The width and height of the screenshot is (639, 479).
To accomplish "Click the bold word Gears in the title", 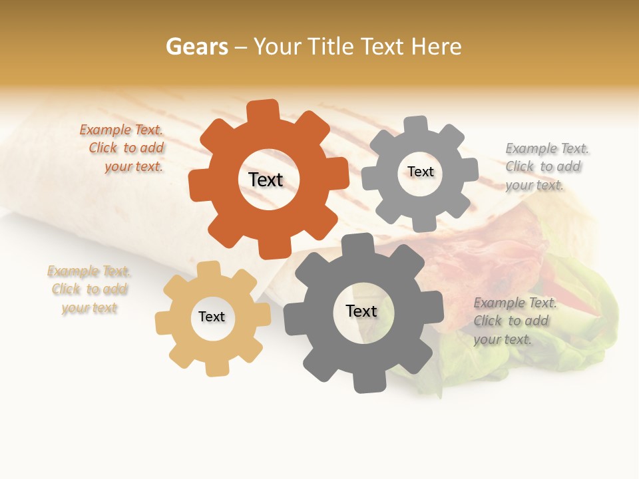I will [196, 47].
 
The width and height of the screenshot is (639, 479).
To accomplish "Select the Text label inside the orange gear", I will [266, 180].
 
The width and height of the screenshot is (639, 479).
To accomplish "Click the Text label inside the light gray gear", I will [420, 172].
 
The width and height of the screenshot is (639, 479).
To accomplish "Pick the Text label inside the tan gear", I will [212, 317].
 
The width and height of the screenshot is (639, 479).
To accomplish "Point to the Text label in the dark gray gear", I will [361, 311].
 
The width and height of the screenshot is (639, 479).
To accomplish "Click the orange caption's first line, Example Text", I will [121, 130].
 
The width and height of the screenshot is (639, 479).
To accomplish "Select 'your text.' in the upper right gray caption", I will [534, 185].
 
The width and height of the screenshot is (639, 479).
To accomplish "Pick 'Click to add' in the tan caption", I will [89, 289].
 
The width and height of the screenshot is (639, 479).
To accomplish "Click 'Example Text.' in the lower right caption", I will [515, 303].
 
